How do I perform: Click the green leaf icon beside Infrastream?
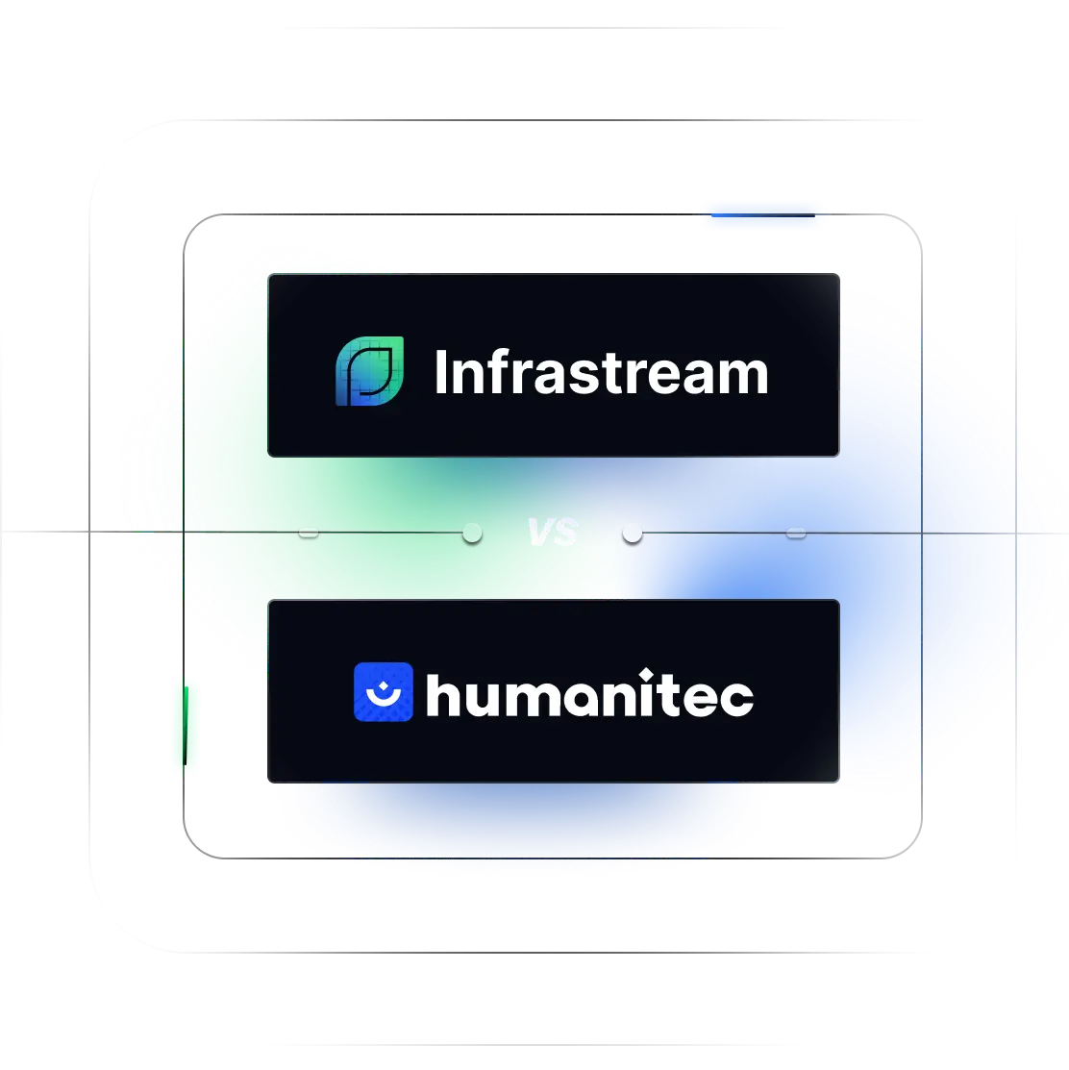[370, 371]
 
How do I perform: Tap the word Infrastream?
[601, 373]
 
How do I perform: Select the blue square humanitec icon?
[384, 692]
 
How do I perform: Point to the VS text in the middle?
[554, 533]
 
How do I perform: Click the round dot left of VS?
[472, 533]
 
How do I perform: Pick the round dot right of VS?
[633, 533]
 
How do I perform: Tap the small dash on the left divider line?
[309, 533]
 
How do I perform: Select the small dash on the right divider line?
[796, 533]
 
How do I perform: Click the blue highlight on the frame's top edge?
[762, 215]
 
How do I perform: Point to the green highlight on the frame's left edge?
[186, 726]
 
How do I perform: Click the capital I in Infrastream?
[440, 373]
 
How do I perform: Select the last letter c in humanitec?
[736, 699]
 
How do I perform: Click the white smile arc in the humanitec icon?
[384, 697]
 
